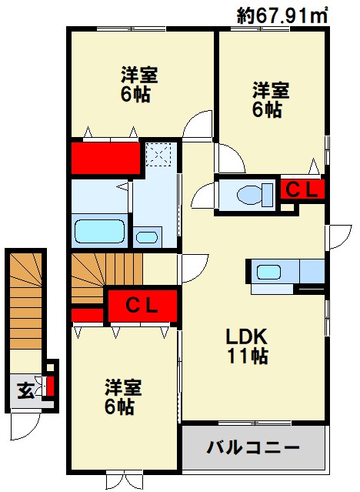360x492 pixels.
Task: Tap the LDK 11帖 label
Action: pyautogui.click(x=246, y=346)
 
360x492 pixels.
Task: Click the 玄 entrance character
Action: pyautogui.click(x=25, y=390)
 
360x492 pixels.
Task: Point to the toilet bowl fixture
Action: pyautogui.click(x=248, y=193)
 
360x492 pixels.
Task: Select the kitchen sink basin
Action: pyautogui.click(x=269, y=272)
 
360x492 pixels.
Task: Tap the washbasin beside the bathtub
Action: pyautogui.click(x=147, y=236)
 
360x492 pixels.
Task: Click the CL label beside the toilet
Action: pyautogui.click(x=302, y=189)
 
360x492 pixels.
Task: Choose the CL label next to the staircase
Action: pyautogui.click(x=142, y=304)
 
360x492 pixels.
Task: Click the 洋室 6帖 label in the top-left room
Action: pyautogui.click(x=138, y=85)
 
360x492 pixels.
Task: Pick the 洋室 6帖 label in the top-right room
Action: pyautogui.click(x=270, y=99)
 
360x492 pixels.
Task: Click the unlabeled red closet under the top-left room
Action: pyautogui.click(x=105, y=157)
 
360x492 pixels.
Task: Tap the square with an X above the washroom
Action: pyautogui.click(x=161, y=155)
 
